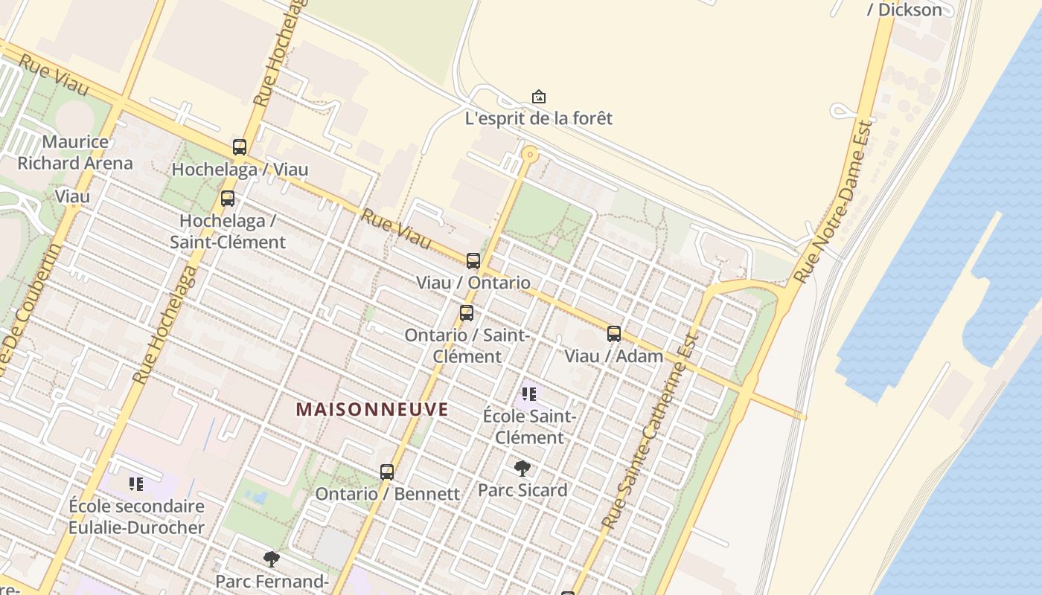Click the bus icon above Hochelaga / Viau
coord(239,147)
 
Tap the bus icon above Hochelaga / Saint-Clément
coord(228,199)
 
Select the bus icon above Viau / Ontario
coord(473,261)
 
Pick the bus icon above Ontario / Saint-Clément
coord(467,313)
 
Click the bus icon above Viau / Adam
coord(614,334)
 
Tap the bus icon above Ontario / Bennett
coord(387,472)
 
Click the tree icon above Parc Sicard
coord(522,468)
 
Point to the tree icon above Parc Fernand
coord(272,559)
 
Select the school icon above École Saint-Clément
coord(529,393)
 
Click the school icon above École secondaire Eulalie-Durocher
coord(136,484)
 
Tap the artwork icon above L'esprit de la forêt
coord(538,97)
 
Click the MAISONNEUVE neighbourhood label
coord(372,409)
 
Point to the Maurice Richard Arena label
coord(75,152)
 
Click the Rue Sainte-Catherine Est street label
coord(652,431)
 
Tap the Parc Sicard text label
coord(522,490)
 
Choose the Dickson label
coord(910,10)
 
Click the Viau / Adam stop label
coord(613,356)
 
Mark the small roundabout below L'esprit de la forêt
coord(530,155)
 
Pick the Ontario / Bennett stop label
coord(387,494)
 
